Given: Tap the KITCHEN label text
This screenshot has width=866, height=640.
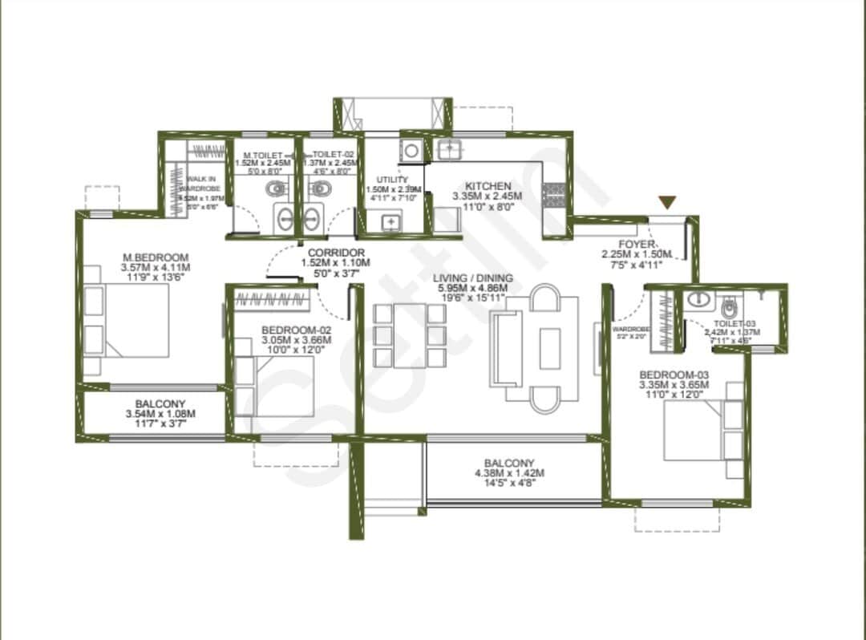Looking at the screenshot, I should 488,186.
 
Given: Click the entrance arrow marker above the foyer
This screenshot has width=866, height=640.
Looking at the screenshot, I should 667,203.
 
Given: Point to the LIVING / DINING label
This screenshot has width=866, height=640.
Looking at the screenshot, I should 473,278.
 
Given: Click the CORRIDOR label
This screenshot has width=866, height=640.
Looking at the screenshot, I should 335,252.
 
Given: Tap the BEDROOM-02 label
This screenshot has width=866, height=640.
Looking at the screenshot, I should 297,329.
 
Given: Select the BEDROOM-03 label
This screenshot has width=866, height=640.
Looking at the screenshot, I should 674,375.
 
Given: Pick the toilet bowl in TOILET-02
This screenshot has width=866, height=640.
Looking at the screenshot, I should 320,189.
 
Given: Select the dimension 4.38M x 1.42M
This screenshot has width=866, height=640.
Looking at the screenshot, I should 509,473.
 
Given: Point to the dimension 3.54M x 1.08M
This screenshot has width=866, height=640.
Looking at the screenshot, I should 160,414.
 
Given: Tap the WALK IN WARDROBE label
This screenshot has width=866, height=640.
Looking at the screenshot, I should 200,184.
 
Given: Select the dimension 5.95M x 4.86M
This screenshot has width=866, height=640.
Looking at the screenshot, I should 473,289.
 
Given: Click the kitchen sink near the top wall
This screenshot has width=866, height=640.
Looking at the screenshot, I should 449,148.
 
